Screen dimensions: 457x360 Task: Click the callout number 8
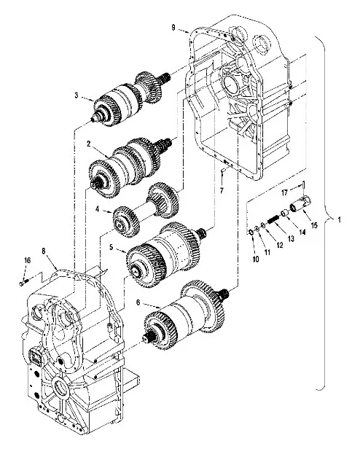point(44,251)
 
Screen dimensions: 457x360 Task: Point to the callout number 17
point(285,192)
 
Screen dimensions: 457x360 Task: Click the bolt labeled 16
point(24,278)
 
